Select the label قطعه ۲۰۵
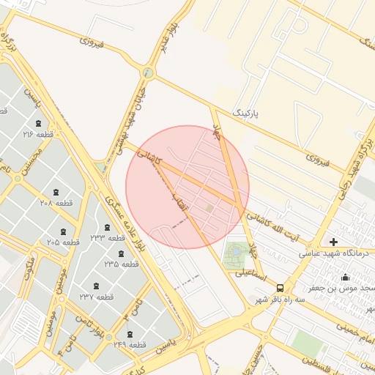tap(63, 242)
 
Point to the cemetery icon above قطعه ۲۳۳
tap(108, 227)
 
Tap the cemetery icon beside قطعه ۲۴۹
tap(129, 334)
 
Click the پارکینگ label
tap(245, 114)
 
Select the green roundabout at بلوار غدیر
tap(149, 73)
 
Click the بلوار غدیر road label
tap(164, 41)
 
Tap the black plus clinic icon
tap(334, 242)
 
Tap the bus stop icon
tap(281, 288)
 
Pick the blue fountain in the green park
tap(236, 253)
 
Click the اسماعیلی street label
tap(251, 272)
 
